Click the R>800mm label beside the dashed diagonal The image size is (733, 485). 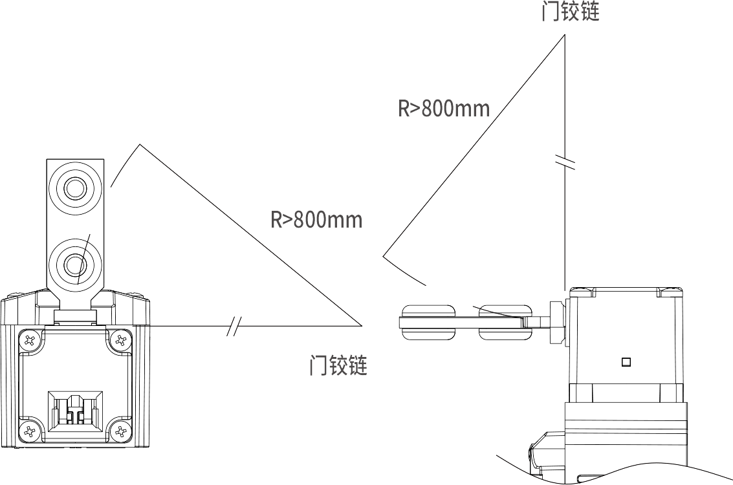(x=444, y=108)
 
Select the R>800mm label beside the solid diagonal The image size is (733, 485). (x=316, y=220)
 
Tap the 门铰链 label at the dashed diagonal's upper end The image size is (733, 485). (x=573, y=11)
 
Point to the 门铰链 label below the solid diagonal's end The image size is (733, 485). (x=339, y=365)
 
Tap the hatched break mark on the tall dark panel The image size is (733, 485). (x=565, y=163)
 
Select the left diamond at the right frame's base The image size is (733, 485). (x=591, y=392)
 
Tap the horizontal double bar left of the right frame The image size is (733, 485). (x=466, y=322)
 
